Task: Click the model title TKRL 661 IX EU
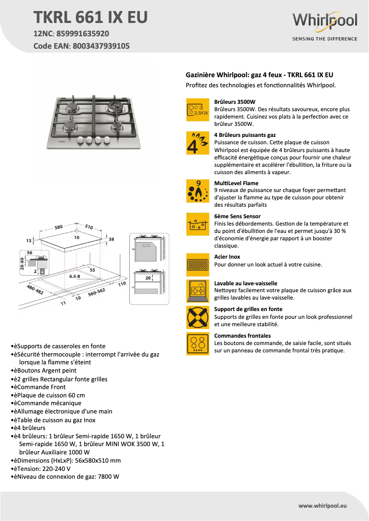[91, 17]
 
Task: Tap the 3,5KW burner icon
[197, 110]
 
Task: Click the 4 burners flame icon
[197, 143]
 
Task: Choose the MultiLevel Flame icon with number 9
[197, 191]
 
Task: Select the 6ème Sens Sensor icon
[197, 224]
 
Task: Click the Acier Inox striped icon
[197, 264]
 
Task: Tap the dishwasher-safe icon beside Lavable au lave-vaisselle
[197, 290]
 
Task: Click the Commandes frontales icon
[197, 343]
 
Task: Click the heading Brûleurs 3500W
[235, 102]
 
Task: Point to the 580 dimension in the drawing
[58, 227]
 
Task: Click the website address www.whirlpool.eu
[322, 505]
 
